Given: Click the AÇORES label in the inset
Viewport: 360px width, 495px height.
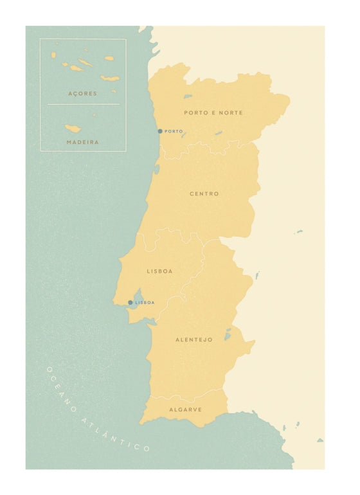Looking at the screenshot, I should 82,94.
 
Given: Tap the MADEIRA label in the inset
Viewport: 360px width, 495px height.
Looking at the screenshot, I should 82,142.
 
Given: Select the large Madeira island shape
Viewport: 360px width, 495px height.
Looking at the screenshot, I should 73,129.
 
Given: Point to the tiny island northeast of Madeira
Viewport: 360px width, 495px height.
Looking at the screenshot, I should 94,116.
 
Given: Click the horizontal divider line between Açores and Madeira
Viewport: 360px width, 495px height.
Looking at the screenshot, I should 83,105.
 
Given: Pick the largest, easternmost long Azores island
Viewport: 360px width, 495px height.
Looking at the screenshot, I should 110,79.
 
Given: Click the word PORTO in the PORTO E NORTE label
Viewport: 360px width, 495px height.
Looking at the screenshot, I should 195,113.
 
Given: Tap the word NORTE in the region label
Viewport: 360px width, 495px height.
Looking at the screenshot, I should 231,113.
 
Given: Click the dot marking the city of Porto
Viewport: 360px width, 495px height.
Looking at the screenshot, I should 160,131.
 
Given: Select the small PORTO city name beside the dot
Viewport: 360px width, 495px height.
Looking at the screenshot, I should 174,131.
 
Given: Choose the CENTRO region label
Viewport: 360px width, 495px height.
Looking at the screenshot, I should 204,194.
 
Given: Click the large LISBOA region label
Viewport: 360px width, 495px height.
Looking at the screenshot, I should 159,271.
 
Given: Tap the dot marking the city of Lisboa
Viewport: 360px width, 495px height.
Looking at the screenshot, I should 130,302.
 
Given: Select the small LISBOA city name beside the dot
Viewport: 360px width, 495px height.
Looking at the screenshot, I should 145,302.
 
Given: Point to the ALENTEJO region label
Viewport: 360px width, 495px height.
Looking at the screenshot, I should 194,339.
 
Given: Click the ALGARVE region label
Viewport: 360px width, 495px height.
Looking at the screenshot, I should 185,409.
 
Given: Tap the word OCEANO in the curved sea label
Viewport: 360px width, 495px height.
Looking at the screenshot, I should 62,390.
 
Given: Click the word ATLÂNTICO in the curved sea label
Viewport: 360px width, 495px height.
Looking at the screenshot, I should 116,435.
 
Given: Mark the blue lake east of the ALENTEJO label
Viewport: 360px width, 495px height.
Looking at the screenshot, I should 227,335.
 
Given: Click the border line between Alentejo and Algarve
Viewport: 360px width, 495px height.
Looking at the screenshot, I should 186,397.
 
